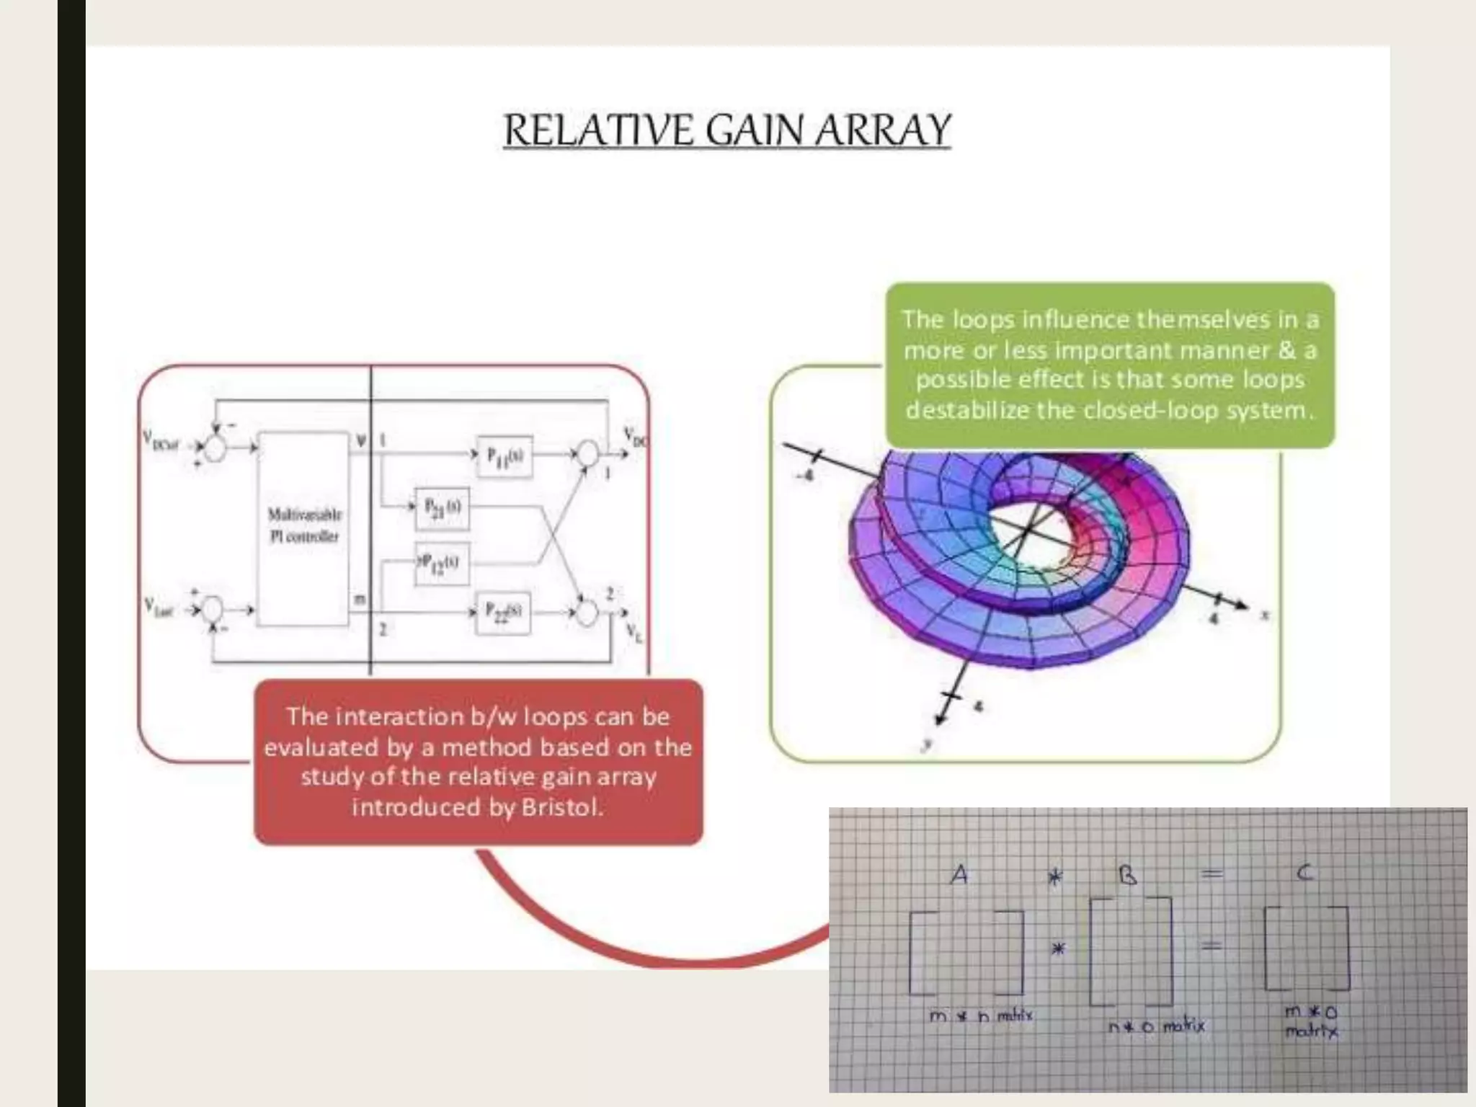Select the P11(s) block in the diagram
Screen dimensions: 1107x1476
click(505, 456)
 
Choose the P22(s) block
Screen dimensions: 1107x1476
click(504, 613)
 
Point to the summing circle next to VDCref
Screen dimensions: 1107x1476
click(214, 448)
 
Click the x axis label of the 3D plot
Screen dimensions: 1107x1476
click(1264, 615)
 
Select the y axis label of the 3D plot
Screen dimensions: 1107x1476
click(928, 745)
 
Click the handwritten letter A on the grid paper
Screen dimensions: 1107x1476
click(959, 875)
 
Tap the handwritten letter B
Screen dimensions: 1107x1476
click(1128, 875)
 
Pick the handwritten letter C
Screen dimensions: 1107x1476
click(1304, 873)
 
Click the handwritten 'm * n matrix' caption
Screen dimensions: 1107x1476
click(981, 1016)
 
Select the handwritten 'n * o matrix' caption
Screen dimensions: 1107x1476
click(1156, 1026)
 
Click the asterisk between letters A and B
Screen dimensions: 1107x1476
click(1055, 877)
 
